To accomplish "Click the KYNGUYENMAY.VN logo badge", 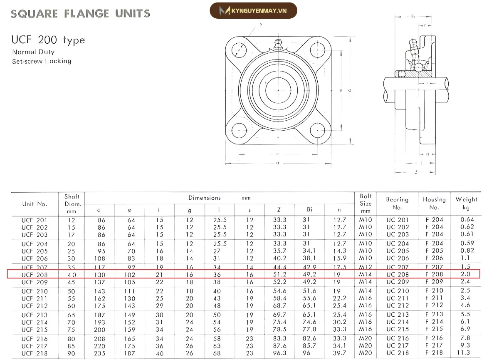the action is pyautogui.click(x=254, y=10).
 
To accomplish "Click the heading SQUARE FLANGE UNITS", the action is pyautogui.click(x=80, y=14).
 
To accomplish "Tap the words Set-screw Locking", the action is pyautogui.click(x=42, y=61).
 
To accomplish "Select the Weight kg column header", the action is pyautogui.click(x=466, y=203).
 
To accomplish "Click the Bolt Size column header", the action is pyautogui.click(x=366, y=203).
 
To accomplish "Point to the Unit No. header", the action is pyautogui.click(x=35, y=204).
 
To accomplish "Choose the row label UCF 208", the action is pyautogui.click(x=35, y=275).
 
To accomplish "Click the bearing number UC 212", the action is pyautogui.click(x=398, y=305).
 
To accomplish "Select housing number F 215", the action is pyautogui.click(x=434, y=329).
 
